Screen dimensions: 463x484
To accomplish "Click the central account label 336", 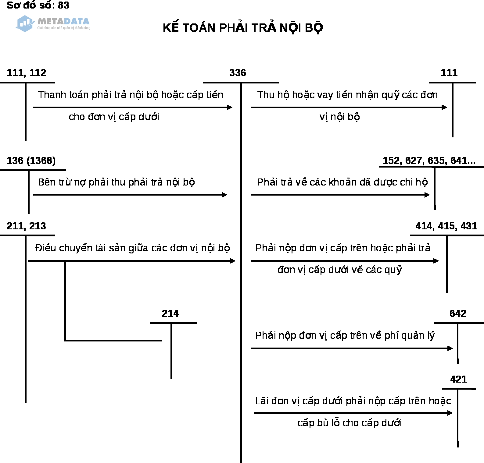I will [x=238, y=73].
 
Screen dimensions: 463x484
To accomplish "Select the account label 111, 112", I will [x=27, y=73].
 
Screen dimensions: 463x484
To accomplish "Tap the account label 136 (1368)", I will [x=31, y=161].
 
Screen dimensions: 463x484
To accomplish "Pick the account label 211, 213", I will [x=27, y=226].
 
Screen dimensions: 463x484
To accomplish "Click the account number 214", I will [x=170, y=313].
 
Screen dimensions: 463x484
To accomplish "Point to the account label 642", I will [x=458, y=313].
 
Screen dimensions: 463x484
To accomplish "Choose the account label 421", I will [x=458, y=379].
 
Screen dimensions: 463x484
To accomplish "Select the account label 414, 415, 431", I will [x=446, y=226].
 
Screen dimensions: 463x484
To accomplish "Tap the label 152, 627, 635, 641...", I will [x=429, y=161].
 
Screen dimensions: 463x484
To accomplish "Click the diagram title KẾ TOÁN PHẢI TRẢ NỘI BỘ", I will [x=243, y=28].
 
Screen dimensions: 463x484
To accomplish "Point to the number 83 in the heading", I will [x=63, y=5].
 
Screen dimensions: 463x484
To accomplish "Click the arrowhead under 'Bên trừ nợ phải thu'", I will [x=225, y=195].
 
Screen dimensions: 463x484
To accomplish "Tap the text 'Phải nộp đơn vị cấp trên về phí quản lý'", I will [x=345, y=335].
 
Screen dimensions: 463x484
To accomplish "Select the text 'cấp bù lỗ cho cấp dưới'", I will [x=350, y=423].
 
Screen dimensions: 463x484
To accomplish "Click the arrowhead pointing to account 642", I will [x=450, y=348].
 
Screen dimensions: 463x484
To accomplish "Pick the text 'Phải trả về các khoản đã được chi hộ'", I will [x=342, y=182].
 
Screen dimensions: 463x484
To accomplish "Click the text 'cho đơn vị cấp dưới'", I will [x=114, y=117].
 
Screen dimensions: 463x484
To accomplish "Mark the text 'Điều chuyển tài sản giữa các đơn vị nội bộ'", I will [x=132, y=248].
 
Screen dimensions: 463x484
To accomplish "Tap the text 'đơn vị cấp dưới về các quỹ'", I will [x=340, y=270].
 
